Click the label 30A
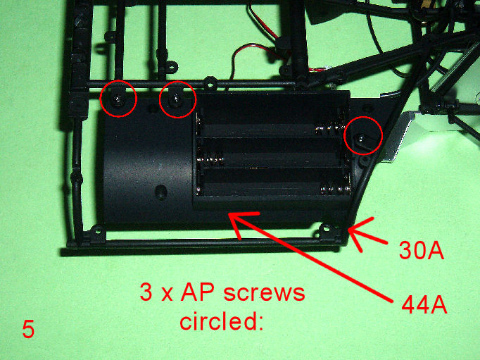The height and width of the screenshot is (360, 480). (421, 250)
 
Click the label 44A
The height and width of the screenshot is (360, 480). (424, 305)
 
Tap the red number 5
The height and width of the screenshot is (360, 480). (28, 330)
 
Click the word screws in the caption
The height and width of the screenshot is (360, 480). (264, 292)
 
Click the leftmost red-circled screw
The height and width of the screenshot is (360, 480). (118, 99)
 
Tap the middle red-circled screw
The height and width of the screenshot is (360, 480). (176, 99)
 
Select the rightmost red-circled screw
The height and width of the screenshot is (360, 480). (362, 139)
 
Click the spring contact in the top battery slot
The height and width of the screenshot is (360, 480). (329, 130)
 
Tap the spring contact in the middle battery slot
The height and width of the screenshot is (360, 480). (210, 159)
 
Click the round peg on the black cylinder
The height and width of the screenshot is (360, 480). (160, 192)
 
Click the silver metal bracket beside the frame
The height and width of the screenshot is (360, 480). (398, 135)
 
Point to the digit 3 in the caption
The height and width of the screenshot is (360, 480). (146, 292)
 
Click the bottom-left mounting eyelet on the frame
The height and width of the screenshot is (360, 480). (97, 230)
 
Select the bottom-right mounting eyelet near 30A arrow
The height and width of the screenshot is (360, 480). (326, 228)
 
